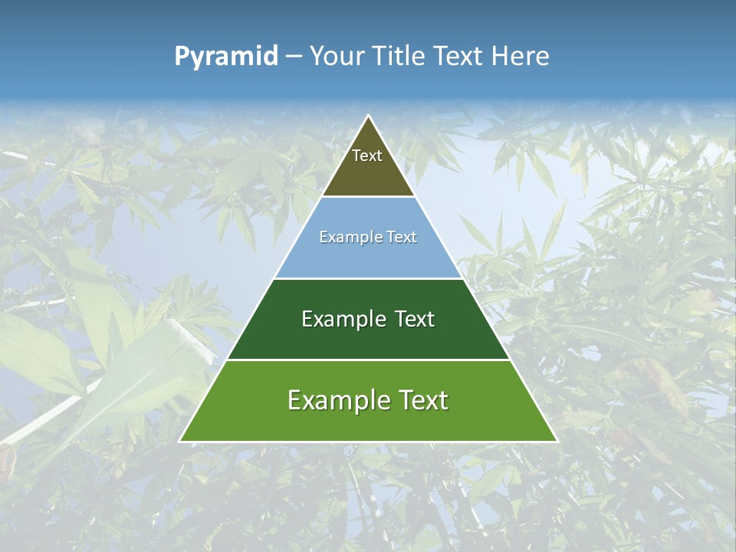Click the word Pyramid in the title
[x=226, y=57]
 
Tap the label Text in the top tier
[x=367, y=156]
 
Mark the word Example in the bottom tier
[x=333, y=400]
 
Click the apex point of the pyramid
[x=369, y=117]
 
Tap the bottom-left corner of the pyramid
[x=181, y=441]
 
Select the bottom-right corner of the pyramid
[x=556, y=441]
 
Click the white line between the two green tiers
[x=368, y=360]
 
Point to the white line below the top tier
[x=368, y=197]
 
